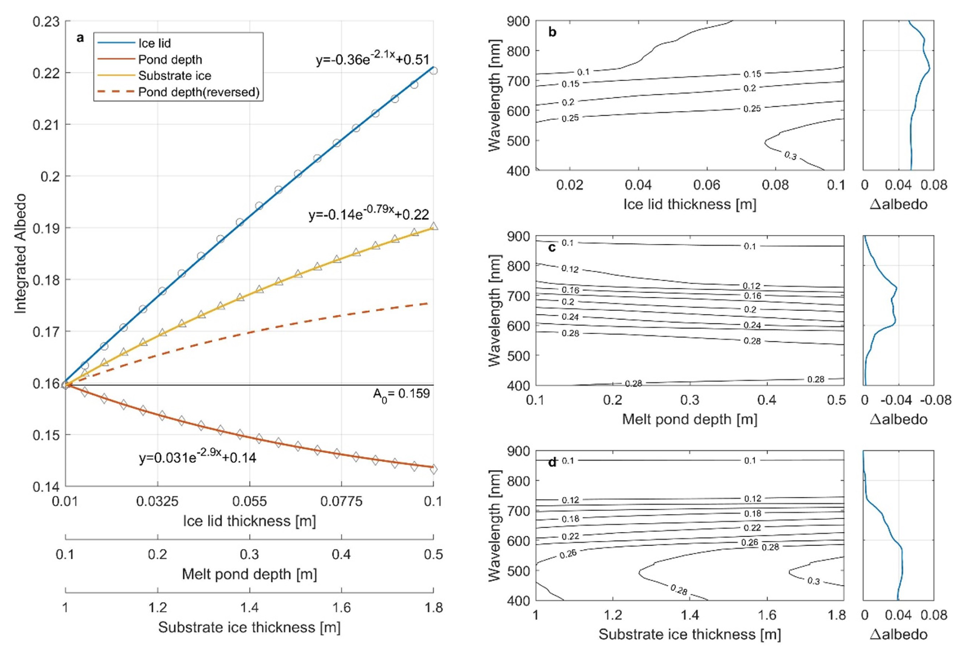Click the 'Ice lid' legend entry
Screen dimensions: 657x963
(x=154, y=44)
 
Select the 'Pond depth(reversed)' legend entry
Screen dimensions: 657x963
(x=199, y=92)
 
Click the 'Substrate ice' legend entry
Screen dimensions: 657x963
(x=174, y=76)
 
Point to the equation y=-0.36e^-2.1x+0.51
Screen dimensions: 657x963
(x=372, y=59)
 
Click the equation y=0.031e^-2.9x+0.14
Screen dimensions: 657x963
(x=197, y=457)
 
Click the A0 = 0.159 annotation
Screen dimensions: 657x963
(x=401, y=394)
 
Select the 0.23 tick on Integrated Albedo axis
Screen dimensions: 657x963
(x=46, y=22)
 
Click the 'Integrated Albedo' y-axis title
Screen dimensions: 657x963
(x=20, y=253)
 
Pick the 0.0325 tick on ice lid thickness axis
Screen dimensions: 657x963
(x=157, y=502)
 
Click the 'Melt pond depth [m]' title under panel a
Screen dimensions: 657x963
(x=249, y=574)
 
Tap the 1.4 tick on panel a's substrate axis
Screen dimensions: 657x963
(x=249, y=608)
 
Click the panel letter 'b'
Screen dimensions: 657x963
(x=552, y=32)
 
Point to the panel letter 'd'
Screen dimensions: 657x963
(x=552, y=462)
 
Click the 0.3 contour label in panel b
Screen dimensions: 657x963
(x=790, y=156)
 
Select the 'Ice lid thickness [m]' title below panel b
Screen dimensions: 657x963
(x=690, y=204)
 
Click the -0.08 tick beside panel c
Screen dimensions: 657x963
(x=936, y=400)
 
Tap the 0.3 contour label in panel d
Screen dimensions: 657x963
(x=813, y=581)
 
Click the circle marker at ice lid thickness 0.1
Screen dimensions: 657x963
(x=433, y=71)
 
